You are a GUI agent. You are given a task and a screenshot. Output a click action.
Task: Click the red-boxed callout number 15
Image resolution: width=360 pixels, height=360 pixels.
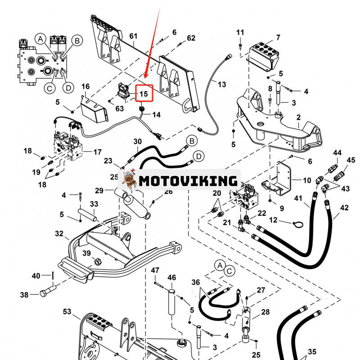pyautogui.click(x=144, y=94)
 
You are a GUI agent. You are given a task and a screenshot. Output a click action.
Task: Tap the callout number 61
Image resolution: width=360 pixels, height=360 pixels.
pyautogui.click(x=133, y=36)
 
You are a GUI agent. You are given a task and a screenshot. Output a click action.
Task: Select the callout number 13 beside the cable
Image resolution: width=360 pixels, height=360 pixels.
pyautogui.click(x=222, y=84)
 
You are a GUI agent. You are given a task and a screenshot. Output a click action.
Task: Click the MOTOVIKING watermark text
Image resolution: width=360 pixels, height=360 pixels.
pyautogui.click(x=188, y=181)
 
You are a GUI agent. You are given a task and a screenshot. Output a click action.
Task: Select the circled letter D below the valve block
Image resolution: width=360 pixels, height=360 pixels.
pyautogui.click(x=68, y=88)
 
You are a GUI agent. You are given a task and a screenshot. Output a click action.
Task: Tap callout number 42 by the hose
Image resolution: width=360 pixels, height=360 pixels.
pyautogui.click(x=344, y=208)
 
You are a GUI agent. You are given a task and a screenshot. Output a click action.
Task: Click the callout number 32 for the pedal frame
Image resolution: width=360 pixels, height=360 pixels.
pyautogui.click(x=59, y=234)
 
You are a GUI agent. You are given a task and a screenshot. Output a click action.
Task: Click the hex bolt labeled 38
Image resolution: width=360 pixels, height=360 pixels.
pyautogui.click(x=45, y=293)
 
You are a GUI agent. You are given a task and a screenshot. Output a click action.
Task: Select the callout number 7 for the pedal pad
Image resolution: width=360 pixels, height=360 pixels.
pyautogui.click(x=278, y=37)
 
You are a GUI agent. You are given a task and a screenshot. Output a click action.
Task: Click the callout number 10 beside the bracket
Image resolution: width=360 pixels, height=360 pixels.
pyautogui.click(x=306, y=180)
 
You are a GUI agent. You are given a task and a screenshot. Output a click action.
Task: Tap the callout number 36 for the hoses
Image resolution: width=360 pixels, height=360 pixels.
pyautogui.click(x=195, y=282)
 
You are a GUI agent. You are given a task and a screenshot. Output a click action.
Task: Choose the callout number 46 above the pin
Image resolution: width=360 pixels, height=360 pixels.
pyautogui.click(x=171, y=278)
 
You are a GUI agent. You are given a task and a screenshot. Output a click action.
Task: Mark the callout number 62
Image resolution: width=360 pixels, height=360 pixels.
pyautogui.click(x=191, y=38)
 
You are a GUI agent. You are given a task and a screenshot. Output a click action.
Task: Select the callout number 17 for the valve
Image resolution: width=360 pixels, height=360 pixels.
pyautogui.click(x=97, y=152)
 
